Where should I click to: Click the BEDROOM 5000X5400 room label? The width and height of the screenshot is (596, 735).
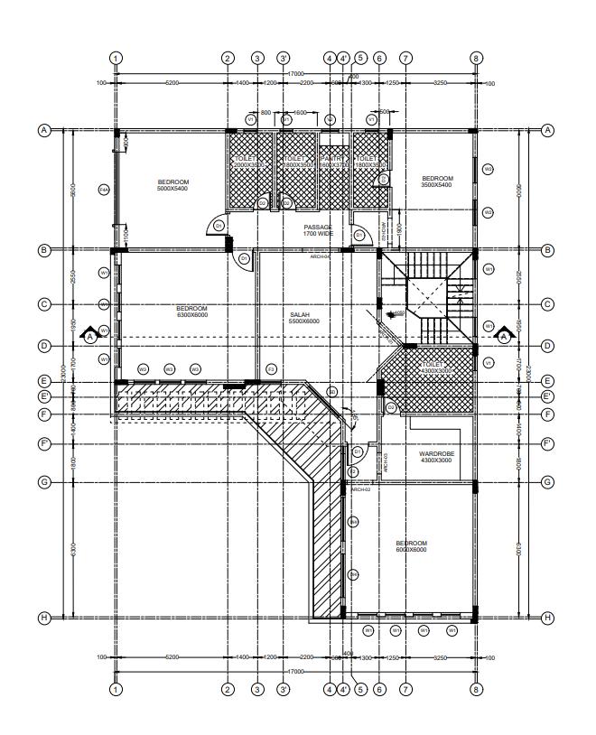[173, 185]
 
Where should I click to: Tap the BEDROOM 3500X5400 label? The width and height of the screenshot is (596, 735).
[437, 181]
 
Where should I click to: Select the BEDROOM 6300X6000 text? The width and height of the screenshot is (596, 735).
[191, 312]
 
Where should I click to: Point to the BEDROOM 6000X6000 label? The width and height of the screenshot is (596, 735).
[411, 546]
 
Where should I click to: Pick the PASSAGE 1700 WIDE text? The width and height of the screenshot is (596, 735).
[318, 230]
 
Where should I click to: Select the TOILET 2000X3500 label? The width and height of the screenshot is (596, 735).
[247, 163]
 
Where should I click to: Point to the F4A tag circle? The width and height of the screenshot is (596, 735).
[104, 189]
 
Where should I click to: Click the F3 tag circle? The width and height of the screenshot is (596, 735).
[271, 369]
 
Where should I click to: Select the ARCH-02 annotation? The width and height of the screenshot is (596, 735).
[360, 488]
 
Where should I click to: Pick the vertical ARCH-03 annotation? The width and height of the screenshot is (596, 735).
[386, 462]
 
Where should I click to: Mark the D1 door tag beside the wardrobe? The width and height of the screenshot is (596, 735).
[358, 450]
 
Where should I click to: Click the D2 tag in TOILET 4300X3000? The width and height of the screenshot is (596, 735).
[390, 408]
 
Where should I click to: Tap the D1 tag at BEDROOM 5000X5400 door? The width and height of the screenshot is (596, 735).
[217, 225]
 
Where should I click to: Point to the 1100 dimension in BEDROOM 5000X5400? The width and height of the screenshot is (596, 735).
[126, 238]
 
